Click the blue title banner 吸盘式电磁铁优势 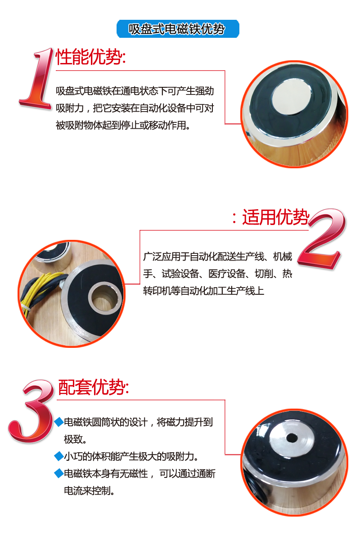click(x=177, y=29)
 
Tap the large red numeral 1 click(x=38, y=79)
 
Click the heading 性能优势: click(x=90, y=58)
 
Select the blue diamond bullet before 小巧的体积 click(x=58, y=457)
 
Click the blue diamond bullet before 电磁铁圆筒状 click(x=58, y=422)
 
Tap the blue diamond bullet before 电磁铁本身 click(x=58, y=473)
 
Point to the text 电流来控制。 click(x=90, y=490)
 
